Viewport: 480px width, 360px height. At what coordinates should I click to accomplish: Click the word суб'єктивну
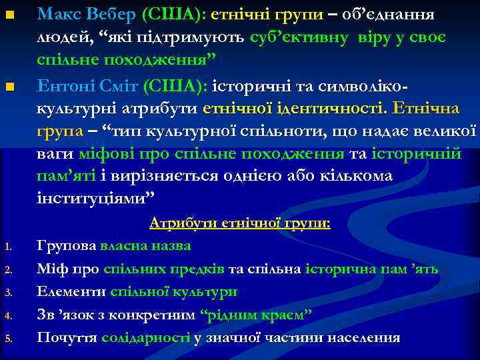[x=299, y=37]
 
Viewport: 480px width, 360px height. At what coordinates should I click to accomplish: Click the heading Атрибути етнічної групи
[x=240, y=223]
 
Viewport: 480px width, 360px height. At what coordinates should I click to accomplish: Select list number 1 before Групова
[x=8, y=247]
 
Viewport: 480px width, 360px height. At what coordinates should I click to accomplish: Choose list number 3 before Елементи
[x=8, y=293]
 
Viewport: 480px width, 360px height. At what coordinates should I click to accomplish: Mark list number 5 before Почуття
[x=8, y=339]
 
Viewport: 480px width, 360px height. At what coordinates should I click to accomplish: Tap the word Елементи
[x=71, y=291]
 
